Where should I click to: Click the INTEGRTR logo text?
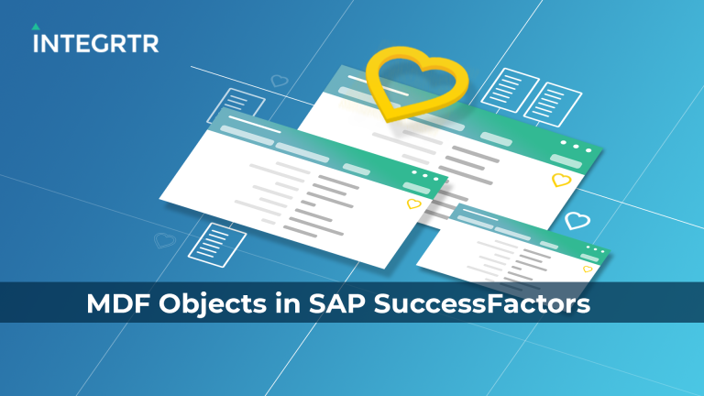point(95,43)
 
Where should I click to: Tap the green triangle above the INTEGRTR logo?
point(38,27)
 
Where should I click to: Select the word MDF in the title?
point(117,304)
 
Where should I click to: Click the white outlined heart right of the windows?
point(576,220)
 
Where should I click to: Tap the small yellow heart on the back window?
point(561,181)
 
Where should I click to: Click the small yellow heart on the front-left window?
point(414,203)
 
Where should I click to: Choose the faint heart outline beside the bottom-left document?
point(165,240)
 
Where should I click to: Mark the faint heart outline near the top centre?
point(279,81)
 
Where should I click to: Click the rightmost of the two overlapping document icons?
point(548,102)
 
